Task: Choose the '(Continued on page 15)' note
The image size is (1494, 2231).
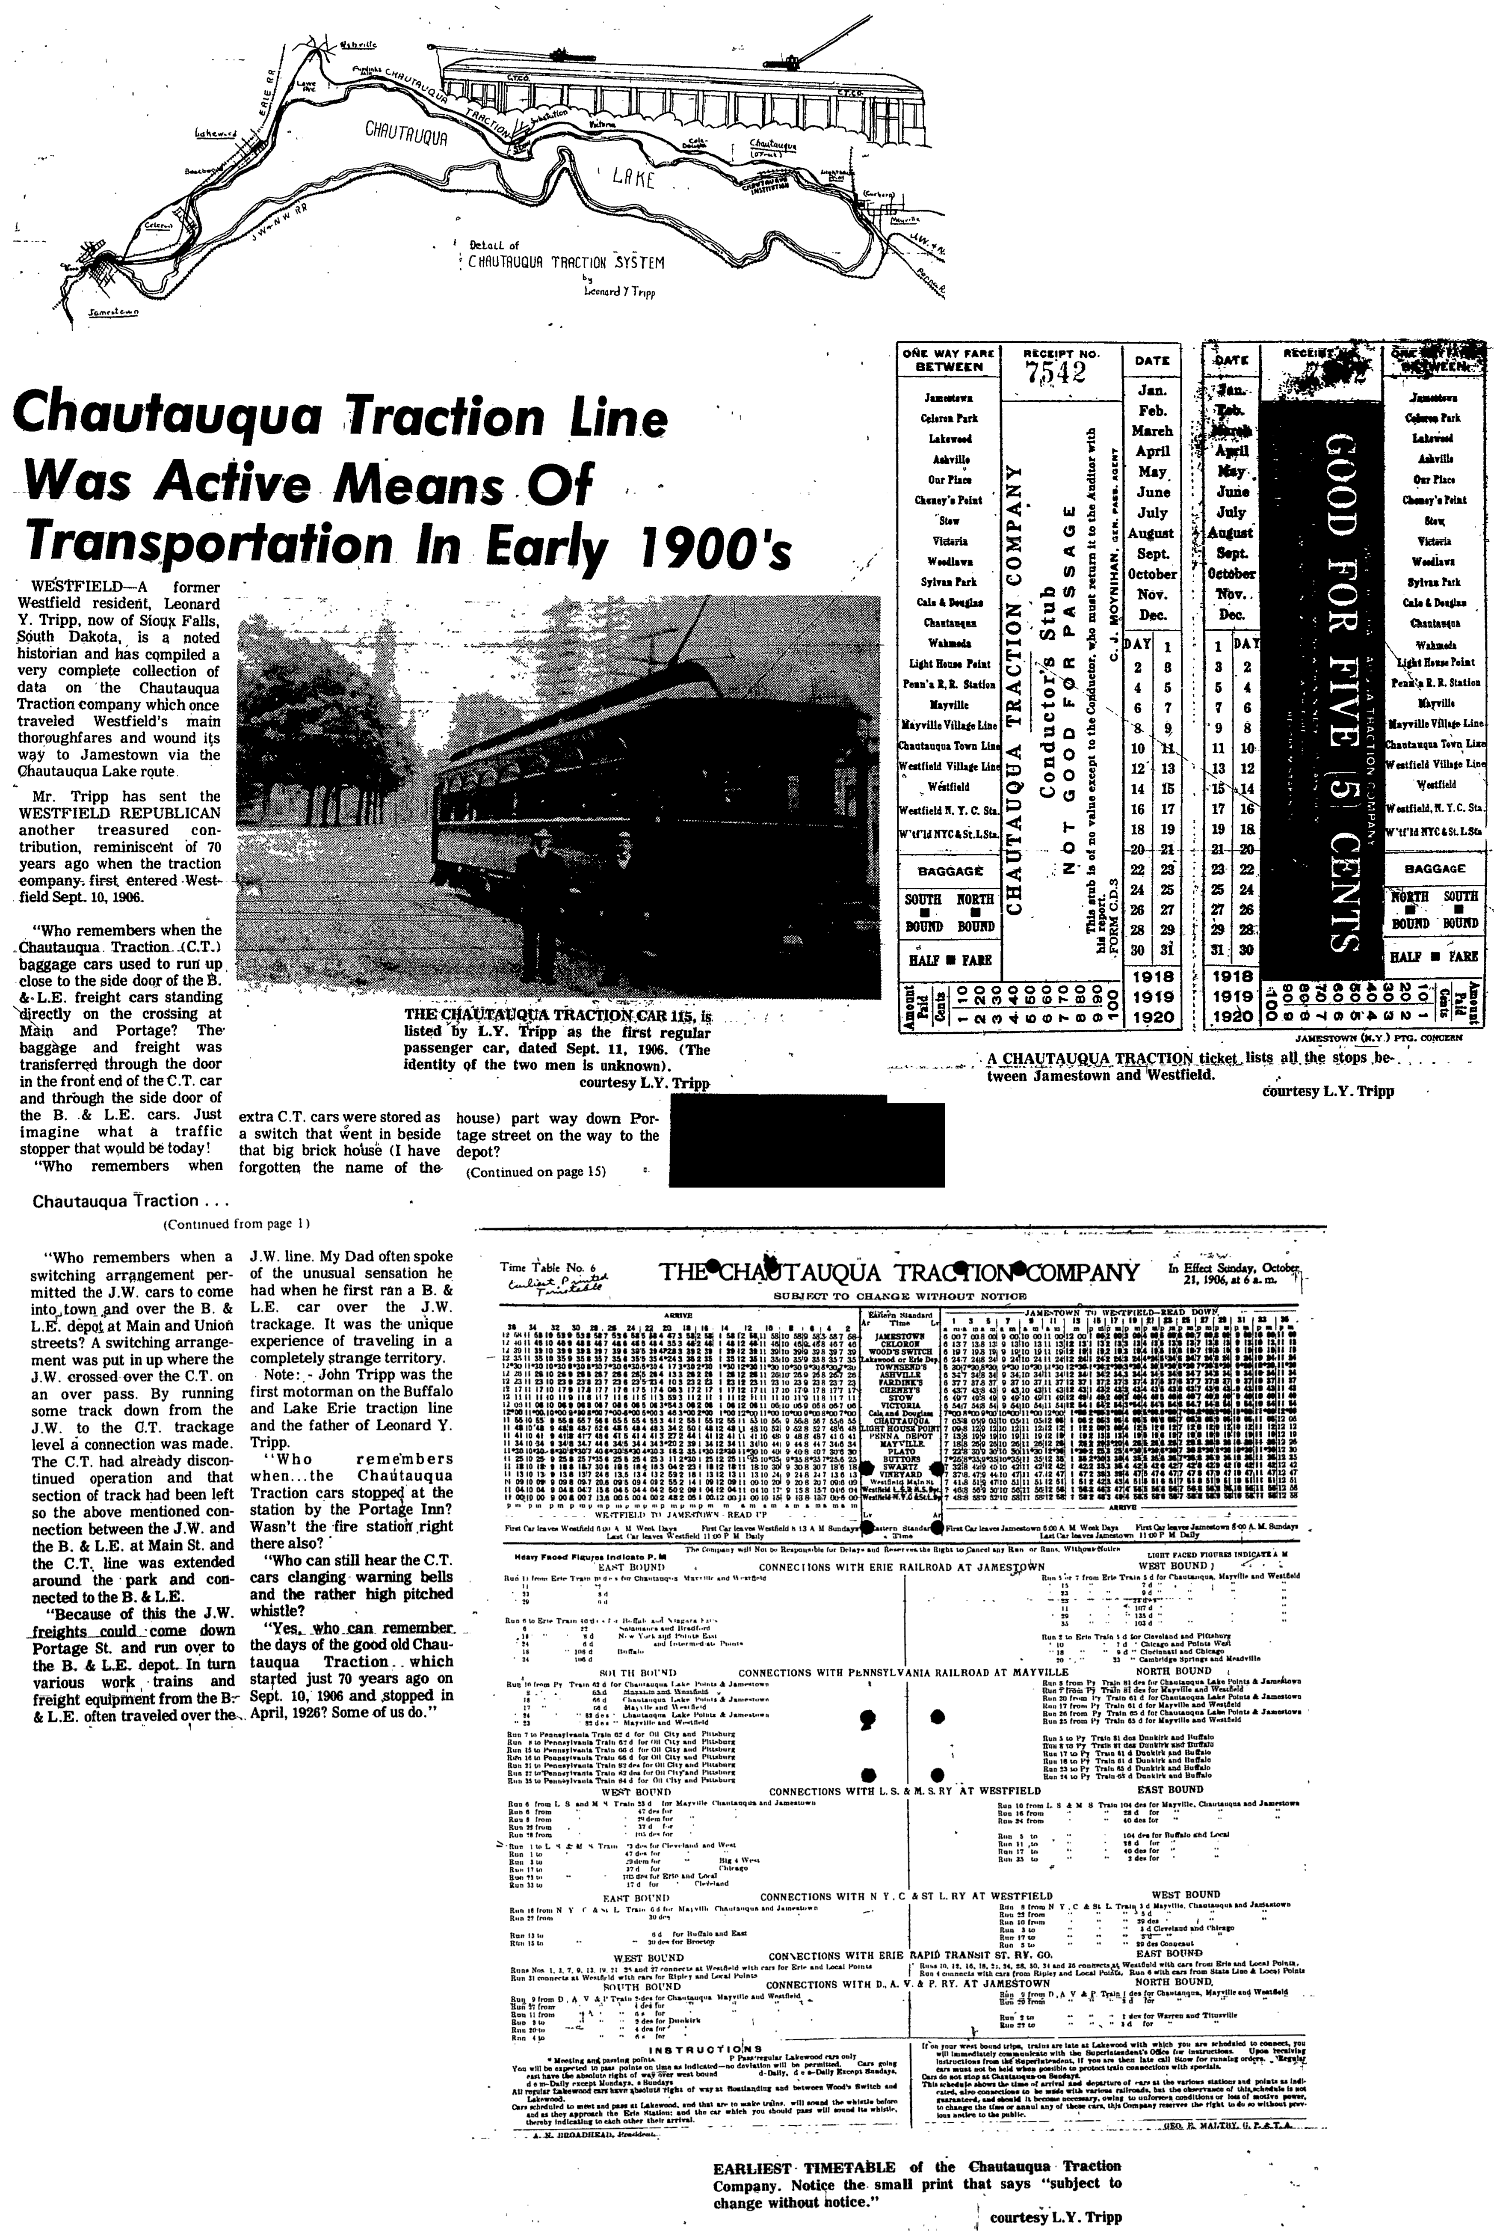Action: [535, 1171]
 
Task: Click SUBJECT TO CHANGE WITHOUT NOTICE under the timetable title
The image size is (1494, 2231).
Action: [899, 1297]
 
